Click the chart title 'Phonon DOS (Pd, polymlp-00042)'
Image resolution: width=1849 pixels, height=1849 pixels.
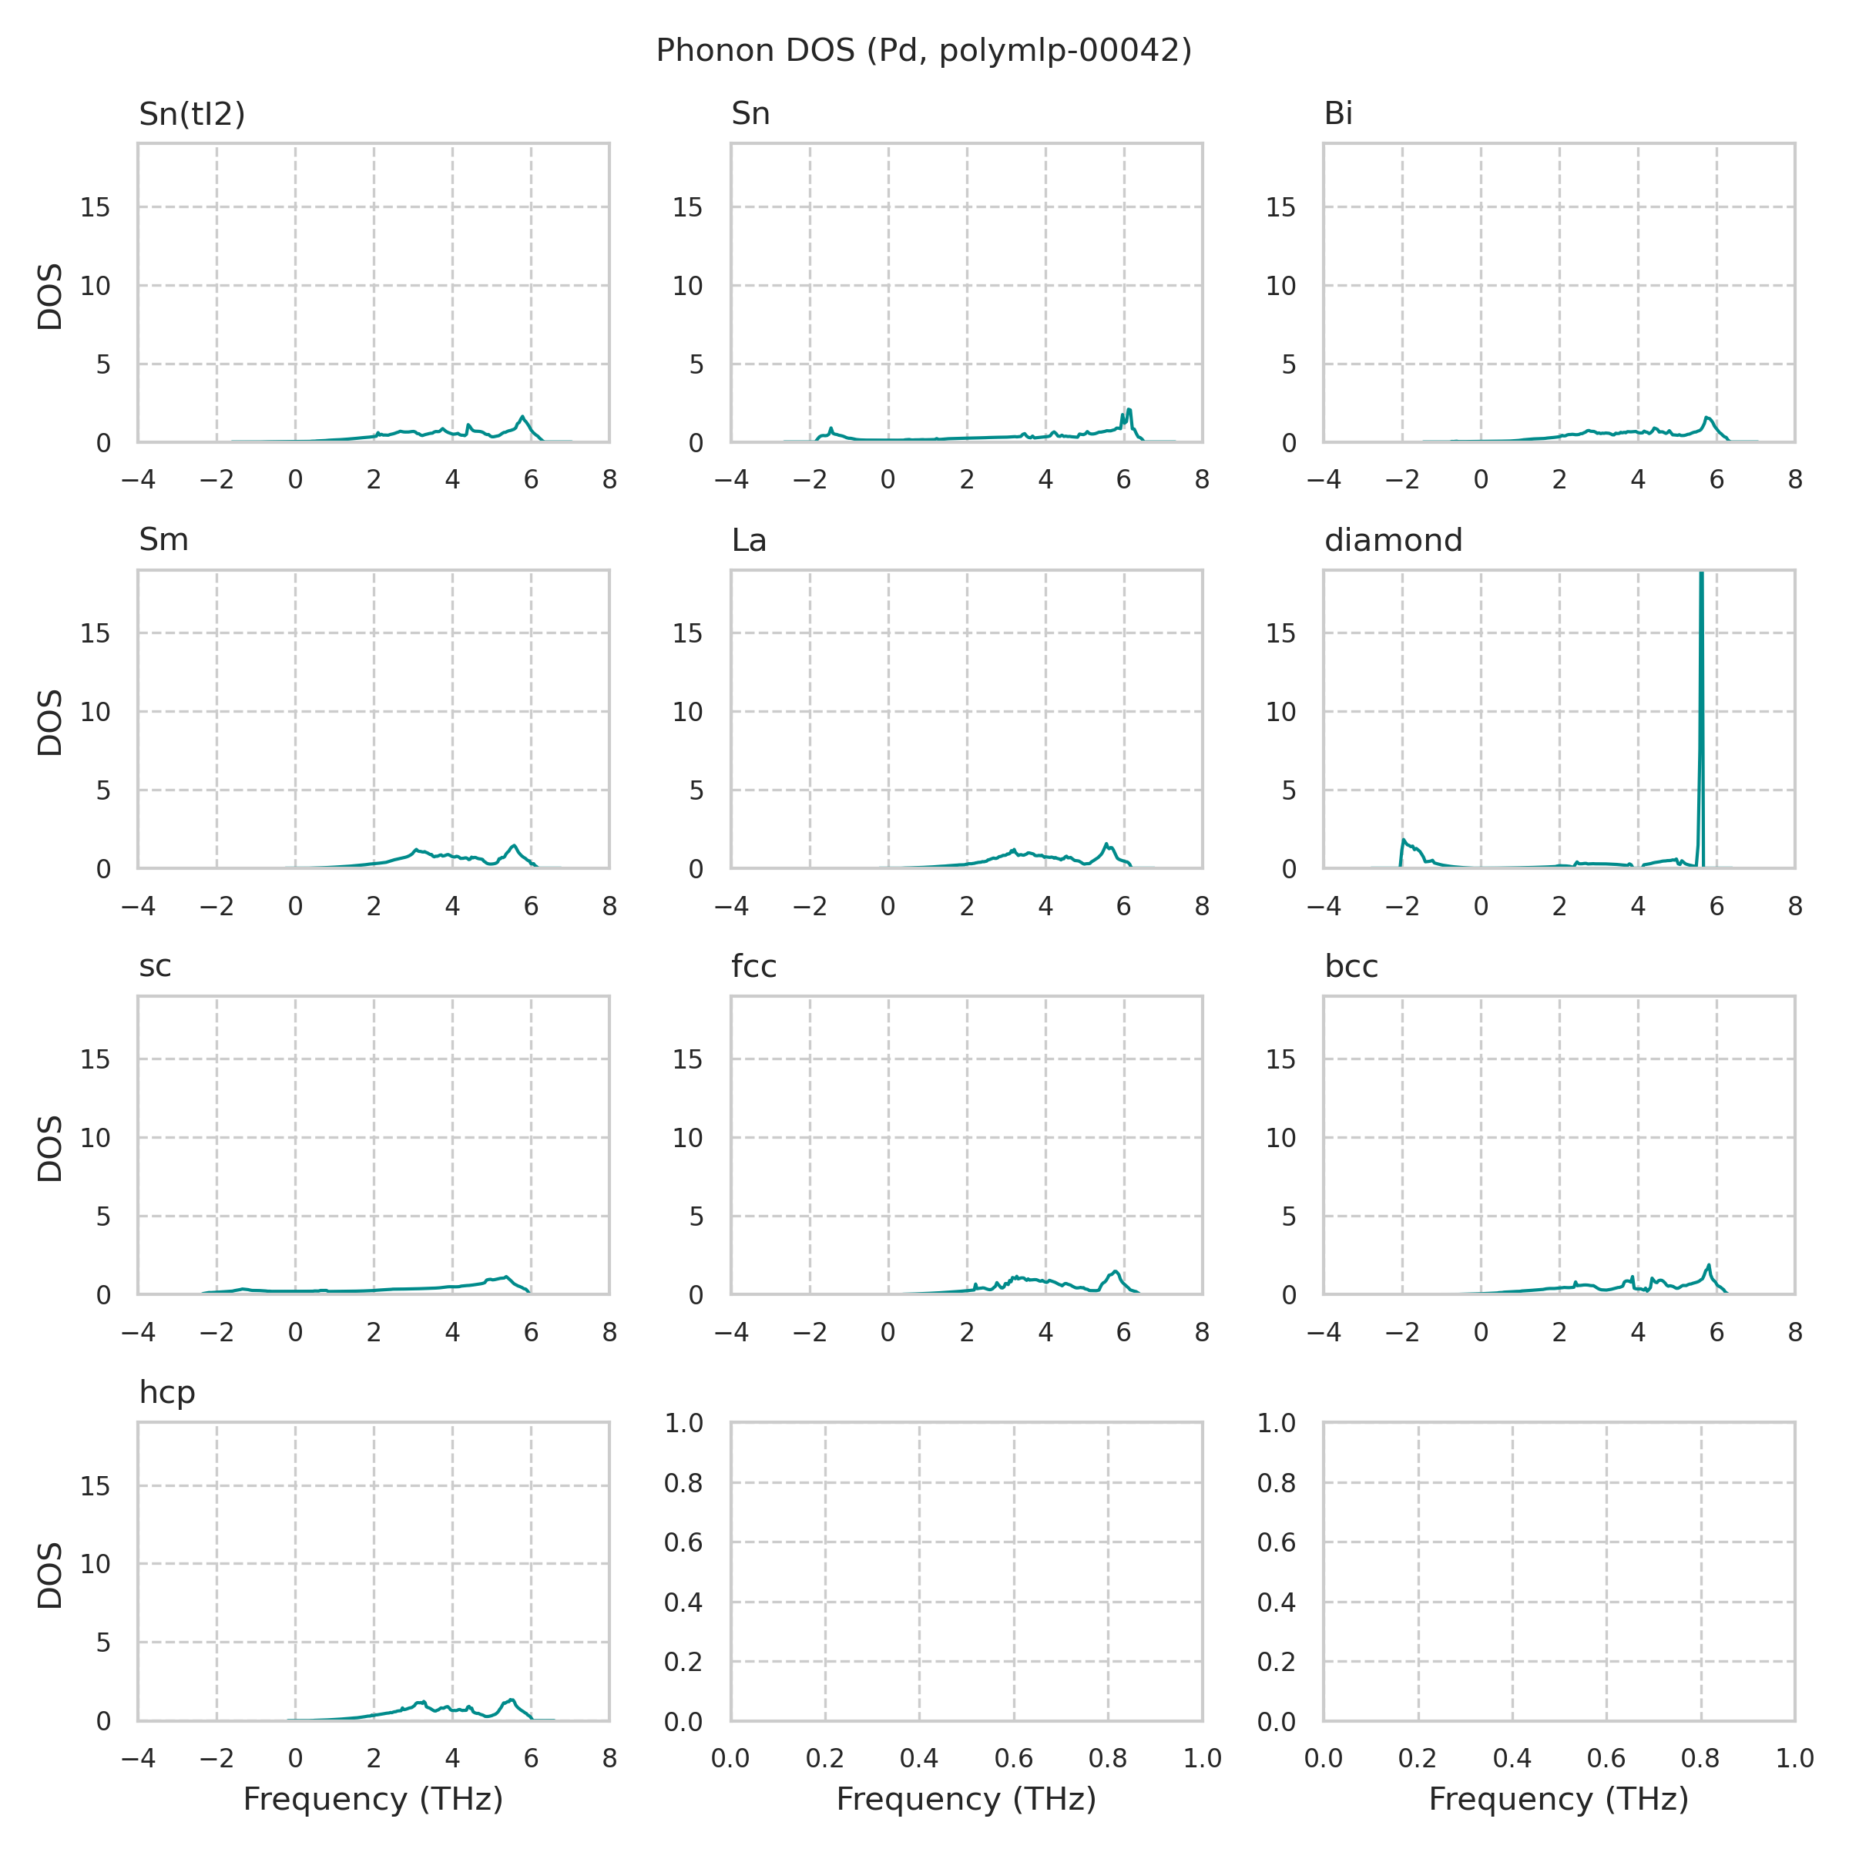(924, 51)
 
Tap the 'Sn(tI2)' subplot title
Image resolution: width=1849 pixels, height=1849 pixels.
(191, 114)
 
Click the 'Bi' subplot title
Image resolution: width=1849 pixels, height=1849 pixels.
(1338, 114)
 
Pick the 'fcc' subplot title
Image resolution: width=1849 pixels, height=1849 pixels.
(753, 967)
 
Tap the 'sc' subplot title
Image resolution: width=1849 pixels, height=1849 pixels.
(155, 967)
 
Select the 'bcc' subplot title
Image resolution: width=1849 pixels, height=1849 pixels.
(1351, 967)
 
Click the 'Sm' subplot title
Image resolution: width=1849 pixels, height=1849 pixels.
(163, 541)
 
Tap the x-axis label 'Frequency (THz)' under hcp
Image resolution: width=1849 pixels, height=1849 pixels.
(372, 1799)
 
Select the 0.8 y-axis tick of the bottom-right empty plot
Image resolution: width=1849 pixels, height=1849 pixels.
(1276, 1483)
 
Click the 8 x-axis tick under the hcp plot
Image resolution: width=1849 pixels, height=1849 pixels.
(609, 1758)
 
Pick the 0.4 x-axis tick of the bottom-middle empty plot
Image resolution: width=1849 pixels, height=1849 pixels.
(919, 1758)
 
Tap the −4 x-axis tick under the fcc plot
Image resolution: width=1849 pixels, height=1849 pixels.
(731, 1332)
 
